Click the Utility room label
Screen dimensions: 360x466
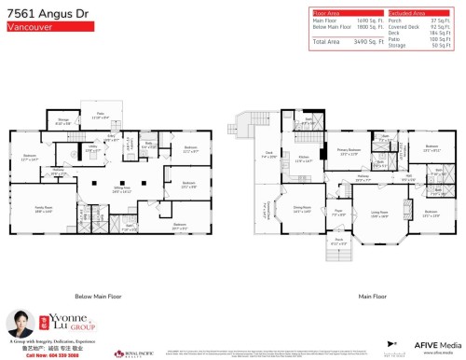click(93, 147)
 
